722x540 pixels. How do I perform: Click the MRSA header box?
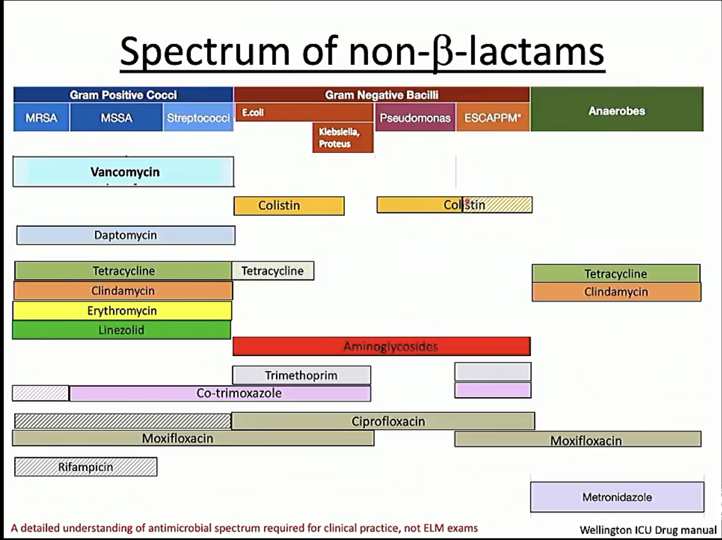pyautogui.click(x=41, y=118)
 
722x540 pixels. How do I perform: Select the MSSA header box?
pyautogui.click(x=116, y=118)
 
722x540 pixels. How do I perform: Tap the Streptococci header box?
pyautogui.click(x=198, y=118)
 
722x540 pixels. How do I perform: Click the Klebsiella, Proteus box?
pyautogui.click(x=343, y=138)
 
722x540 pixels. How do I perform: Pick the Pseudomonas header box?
pyautogui.click(x=415, y=118)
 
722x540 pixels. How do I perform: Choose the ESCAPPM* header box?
pyautogui.click(x=492, y=118)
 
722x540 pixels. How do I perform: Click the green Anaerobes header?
pyautogui.click(x=616, y=111)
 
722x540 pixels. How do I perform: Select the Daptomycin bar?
pyautogui.click(x=125, y=235)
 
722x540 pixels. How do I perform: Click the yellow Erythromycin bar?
pyautogui.click(x=122, y=311)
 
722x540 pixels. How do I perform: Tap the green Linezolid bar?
pyautogui.click(x=121, y=330)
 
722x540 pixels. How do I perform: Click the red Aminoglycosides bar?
pyautogui.click(x=381, y=346)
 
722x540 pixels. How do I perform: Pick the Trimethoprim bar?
pyautogui.click(x=301, y=375)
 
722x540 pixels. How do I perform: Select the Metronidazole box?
pyautogui.click(x=616, y=497)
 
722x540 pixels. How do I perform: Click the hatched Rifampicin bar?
pyautogui.click(x=86, y=467)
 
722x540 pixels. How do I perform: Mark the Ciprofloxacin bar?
pyautogui.click(x=383, y=421)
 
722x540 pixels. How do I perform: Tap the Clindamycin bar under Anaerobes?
pyautogui.click(x=616, y=292)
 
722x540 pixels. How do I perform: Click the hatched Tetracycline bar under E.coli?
pyautogui.click(x=273, y=271)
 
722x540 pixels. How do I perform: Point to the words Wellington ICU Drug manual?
pyautogui.click(x=647, y=530)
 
